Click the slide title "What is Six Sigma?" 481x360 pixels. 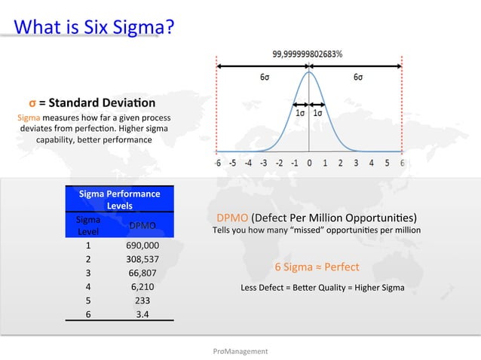click(x=94, y=27)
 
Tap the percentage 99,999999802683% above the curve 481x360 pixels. click(x=308, y=53)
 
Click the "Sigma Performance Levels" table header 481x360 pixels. click(x=119, y=199)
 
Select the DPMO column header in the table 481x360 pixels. click(x=142, y=225)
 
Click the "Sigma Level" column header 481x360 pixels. click(x=88, y=225)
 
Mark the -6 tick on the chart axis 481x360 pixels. click(x=217, y=163)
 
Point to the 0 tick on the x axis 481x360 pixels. click(x=309, y=163)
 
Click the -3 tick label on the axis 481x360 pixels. click(x=263, y=163)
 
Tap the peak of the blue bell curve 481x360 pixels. click(x=309, y=72)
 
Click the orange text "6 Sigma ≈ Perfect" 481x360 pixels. click(x=317, y=267)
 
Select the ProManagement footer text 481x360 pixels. click(x=240, y=351)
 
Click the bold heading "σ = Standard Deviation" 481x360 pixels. click(x=92, y=102)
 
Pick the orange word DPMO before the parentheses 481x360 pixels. click(x=231, y=218)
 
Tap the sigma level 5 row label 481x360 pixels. click(x=88, y=301)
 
